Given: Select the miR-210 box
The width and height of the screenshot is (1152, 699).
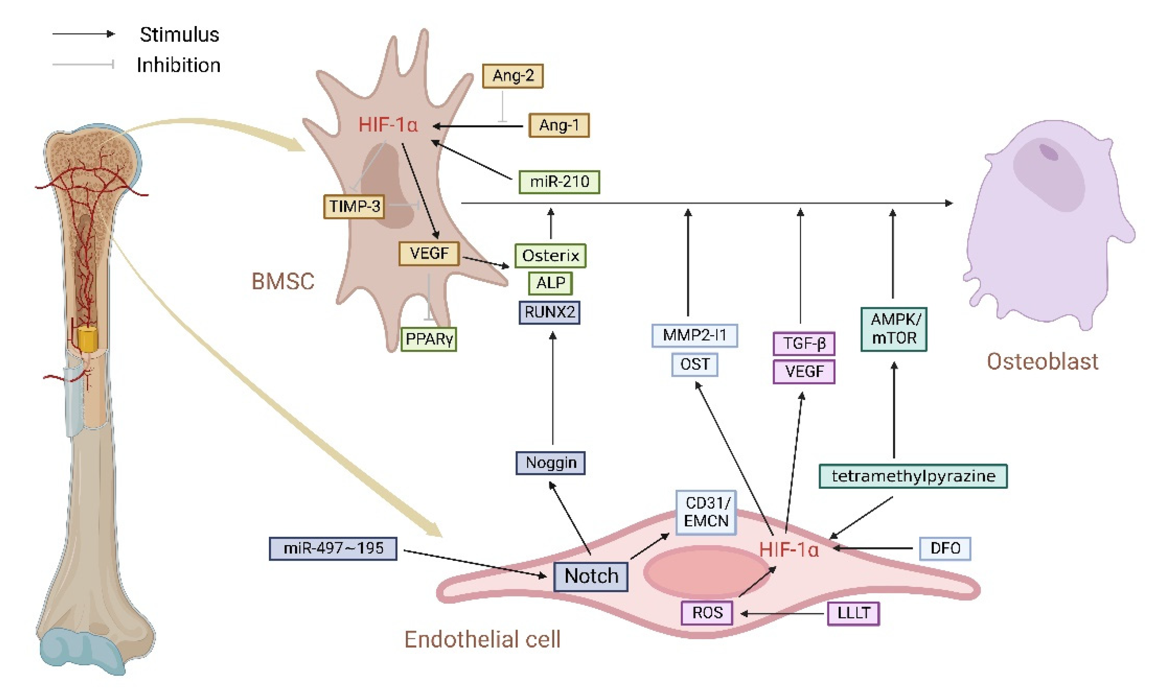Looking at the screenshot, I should click(x=559, y=182).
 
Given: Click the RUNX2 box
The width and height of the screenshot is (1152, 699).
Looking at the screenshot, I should click(x=549, y=312).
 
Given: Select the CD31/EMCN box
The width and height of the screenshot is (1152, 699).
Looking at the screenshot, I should click(x=705, y=513).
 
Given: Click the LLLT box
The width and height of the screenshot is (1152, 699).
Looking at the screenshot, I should click(x=853, y=613).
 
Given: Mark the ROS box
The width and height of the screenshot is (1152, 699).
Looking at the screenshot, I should click(x=707, y=613).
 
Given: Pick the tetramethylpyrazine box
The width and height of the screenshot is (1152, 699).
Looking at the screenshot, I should click(x=913, y=476).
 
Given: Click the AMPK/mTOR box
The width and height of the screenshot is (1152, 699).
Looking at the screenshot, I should click(x=893, y=329).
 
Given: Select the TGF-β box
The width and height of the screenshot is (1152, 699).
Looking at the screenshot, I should click(x=804, y=344).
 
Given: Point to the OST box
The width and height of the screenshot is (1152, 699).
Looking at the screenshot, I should click(x=694, y=364).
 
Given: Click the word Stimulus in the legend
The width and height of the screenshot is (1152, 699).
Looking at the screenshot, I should click(x=179, y=35).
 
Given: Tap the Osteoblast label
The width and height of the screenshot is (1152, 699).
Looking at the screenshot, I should click(x=1042, y=361).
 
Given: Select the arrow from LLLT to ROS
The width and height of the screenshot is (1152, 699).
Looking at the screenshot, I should click(x=783, y=613).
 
